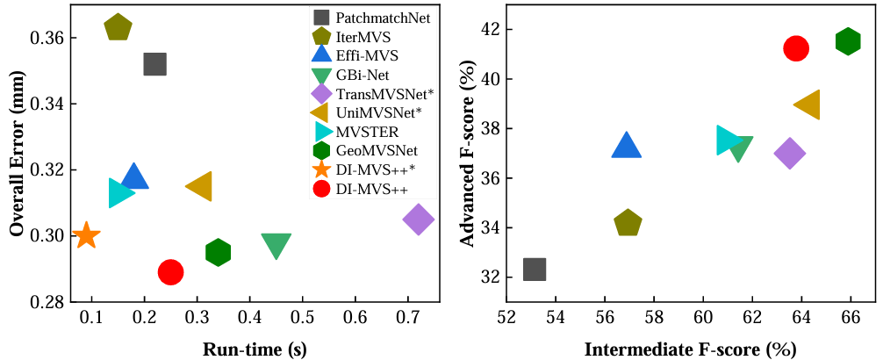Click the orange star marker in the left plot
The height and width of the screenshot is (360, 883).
[x=86, y=235]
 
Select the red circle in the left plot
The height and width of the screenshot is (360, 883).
[x=170, y=272]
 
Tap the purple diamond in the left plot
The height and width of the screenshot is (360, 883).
[x=418, y=220]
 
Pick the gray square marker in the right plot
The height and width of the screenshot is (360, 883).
[x=535, y=270]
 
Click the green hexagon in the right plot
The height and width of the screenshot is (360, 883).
[x=848, y=41]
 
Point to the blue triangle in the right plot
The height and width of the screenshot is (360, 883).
[x=626, y=146]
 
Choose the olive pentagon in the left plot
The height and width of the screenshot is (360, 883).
[x=118, y=28]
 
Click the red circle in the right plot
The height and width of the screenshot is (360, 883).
[x=796, y=48]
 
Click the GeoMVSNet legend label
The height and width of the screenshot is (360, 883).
[x=380, y=150]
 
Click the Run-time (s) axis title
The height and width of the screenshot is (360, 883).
[x=255, y=349]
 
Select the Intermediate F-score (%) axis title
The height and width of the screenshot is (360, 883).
[x=690, y=349]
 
